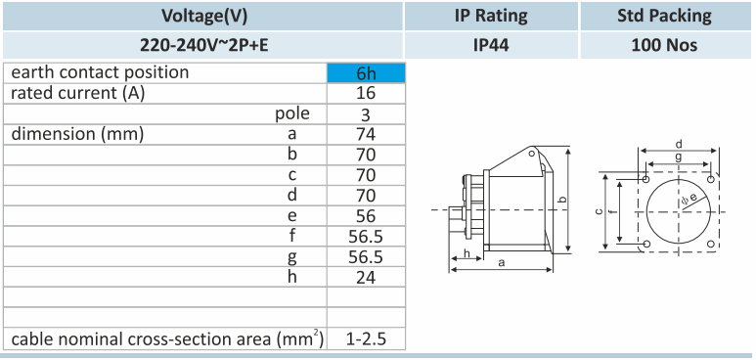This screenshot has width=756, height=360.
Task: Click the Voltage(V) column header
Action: (204, 16)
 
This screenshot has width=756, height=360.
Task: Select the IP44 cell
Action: (491, 45)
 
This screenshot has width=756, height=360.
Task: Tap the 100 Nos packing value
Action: (664, 45)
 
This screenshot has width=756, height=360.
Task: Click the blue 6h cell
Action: (366, 72)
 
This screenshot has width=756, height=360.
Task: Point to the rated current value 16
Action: (366, 93)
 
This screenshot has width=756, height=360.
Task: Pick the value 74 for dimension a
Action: (366, 134)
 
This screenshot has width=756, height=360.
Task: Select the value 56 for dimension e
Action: (366, 216)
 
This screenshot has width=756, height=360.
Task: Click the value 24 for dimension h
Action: (366, 277)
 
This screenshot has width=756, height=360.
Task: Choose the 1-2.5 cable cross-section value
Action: (366, 338)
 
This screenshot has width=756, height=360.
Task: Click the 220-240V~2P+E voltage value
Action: (204, 45)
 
